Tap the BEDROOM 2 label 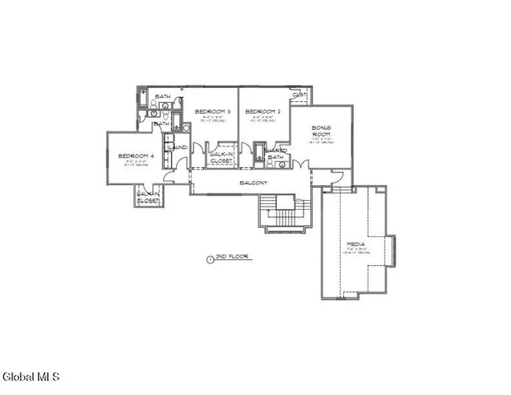point(263,111)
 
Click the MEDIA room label point(356,245)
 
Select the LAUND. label point(179,147)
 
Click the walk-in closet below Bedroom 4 point(148,197)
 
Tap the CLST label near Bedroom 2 point(300,95)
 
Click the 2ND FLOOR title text point(237,257)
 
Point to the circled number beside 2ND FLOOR point(210,258)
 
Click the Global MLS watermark point(31,378)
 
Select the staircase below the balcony point(281,214)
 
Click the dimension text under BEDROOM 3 point(211,118)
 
